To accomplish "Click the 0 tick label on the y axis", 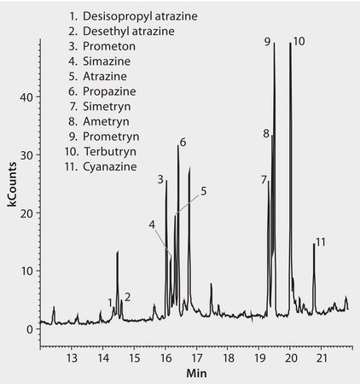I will click(30, 329).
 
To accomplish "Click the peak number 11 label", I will click(321, 243).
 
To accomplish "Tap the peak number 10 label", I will click(299, 41).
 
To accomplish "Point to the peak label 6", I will click(183, 142).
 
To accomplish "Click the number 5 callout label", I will click(204, 191).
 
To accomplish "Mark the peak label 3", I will click(160, 179).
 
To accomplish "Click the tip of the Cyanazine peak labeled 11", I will click(314, 245).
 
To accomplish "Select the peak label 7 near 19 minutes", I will click(264, 178).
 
